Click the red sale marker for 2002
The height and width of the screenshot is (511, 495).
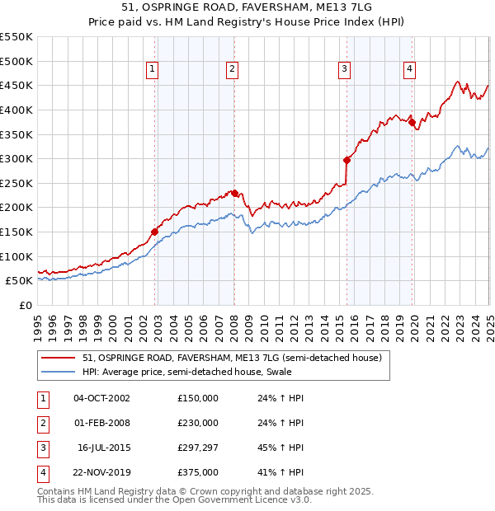click(x=154, y=232)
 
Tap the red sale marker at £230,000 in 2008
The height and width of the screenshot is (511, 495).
click(x=234, y=193)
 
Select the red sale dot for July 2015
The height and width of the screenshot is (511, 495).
click(x=346, y=160)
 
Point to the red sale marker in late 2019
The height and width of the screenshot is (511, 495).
click(x=412, y=122)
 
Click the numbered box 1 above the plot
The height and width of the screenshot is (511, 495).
click(x=153, y=70)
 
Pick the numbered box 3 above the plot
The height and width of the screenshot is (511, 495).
click(x=344, y=70)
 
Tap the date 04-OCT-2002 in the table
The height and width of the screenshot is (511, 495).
click(x=101, y=398)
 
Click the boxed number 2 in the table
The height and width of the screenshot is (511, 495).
click(x=42, y=423)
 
